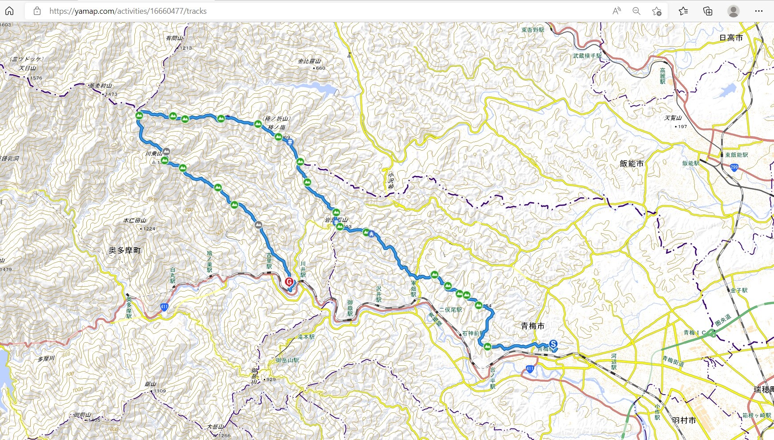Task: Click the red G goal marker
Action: coord(289,282)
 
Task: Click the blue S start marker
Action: coord(553,344)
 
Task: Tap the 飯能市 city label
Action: coord(631,164)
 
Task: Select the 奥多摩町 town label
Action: coord(125,250)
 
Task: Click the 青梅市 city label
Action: coord(532,326)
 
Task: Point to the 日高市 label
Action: coord(731,38)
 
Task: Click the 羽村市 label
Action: coord(684,420)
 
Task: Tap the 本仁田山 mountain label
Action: coord(135,220)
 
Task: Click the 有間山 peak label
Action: coord(174,38)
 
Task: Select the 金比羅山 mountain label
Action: coord(309,61)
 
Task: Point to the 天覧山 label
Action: coord(673,118)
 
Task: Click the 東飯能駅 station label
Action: coord(736,155)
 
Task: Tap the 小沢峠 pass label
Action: coord(391,180)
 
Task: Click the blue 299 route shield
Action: coord(734,168)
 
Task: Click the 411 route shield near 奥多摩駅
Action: coord(164,307)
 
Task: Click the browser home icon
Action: coord(9,11)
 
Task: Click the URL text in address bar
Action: coord(128,11)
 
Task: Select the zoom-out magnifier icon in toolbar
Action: coord(636,11)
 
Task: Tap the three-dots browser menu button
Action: coord(759,11)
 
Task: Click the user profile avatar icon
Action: coord(734,11)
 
